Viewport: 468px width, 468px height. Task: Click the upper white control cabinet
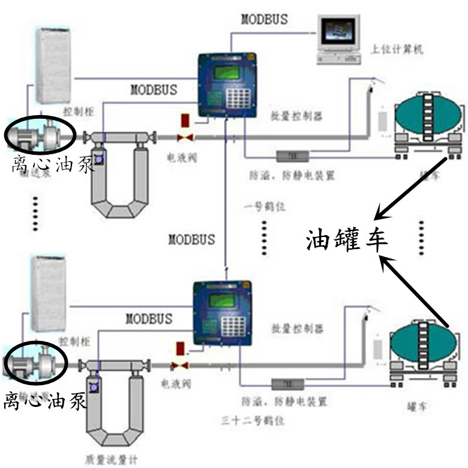53,65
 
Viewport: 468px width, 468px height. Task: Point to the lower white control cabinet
49,293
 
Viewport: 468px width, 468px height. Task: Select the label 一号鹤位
264,206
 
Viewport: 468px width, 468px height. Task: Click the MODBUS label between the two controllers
191,239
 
